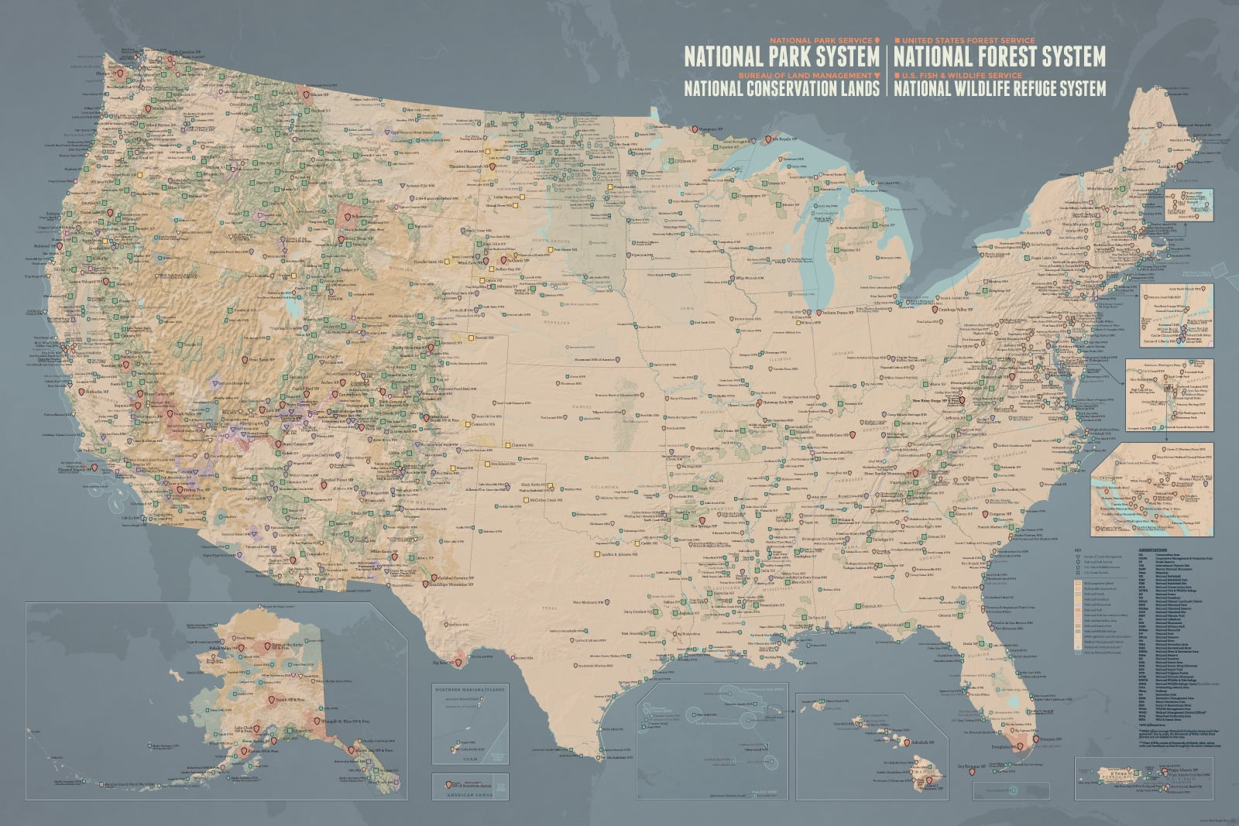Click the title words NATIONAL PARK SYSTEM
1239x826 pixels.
(x=781, y=57)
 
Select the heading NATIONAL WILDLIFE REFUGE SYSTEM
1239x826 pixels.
(x=1000, y=89)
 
